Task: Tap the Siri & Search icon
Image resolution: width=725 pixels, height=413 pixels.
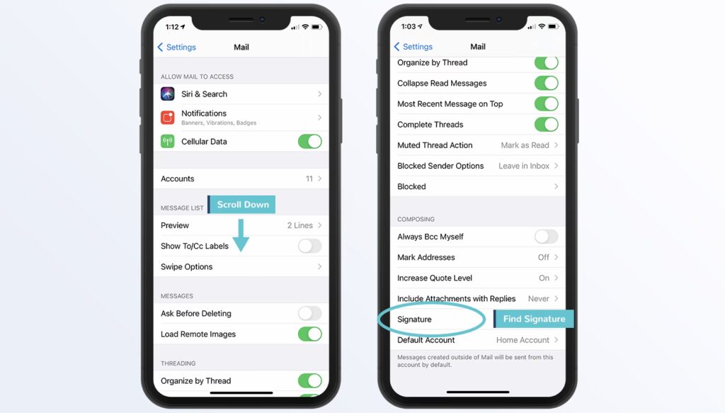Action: pos(167,94)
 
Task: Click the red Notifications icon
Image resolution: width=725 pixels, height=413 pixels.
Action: pos(167,118)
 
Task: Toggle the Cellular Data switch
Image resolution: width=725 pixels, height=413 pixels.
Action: pos(310,142)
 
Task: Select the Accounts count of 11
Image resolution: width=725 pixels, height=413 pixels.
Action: pos(309,179)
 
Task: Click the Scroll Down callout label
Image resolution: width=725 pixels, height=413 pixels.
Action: pos(242,205)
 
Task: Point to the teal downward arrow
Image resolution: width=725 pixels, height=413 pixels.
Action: pos(241,235)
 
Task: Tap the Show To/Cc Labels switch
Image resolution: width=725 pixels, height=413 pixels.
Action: pos(310,246)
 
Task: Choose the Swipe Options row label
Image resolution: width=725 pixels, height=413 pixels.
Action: pos(187,267)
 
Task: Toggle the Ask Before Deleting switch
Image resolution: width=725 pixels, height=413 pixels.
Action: pos(310,314)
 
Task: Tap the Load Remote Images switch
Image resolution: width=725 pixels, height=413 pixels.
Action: pos(310,334)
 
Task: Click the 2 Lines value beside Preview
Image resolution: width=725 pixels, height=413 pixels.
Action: pos(300,225)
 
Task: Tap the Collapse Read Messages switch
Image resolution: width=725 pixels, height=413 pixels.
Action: pos(547,84)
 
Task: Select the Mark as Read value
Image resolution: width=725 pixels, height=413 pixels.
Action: pos(525,145)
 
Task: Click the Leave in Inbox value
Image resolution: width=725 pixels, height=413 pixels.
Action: pos(524,166)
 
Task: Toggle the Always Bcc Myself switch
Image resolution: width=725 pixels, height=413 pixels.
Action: pos(547,237)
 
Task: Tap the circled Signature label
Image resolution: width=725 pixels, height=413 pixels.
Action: pos(414,319)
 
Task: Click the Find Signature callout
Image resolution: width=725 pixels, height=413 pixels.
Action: pos(534,319)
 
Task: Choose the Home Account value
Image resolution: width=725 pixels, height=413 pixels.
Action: pos(523,340)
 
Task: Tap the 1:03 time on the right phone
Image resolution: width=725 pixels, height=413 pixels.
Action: pos(409,26)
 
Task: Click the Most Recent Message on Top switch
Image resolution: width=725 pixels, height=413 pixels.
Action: pos(547,104)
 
